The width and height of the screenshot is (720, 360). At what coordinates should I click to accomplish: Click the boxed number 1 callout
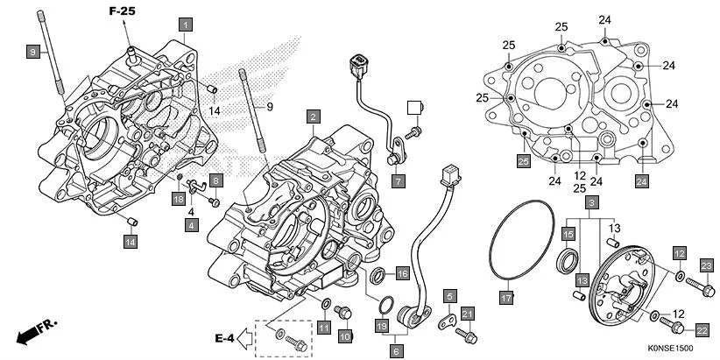(185, 25)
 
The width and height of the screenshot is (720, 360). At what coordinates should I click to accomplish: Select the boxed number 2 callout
(313, 116)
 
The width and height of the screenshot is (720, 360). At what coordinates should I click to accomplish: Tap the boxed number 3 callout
(592, 203)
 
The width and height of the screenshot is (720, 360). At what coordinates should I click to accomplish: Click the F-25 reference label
(123, 11)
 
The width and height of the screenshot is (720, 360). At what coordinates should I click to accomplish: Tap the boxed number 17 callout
(505, 298)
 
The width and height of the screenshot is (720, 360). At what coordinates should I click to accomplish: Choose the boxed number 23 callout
(707, 266)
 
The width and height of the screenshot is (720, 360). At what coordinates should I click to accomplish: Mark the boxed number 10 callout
(344, 335)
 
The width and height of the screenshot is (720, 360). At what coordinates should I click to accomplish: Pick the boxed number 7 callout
(398, 182)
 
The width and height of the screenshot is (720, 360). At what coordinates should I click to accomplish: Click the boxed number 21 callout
(468, 314)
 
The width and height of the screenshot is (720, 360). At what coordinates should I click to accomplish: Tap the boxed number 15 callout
(568, 234)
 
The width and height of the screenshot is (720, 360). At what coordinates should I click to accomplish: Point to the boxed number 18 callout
(179, 200)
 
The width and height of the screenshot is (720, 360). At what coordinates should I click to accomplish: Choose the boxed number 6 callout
(397, 350)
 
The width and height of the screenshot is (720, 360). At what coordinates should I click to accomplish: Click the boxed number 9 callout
(32, 53)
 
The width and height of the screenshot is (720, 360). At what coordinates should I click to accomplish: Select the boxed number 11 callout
(323, 328)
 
